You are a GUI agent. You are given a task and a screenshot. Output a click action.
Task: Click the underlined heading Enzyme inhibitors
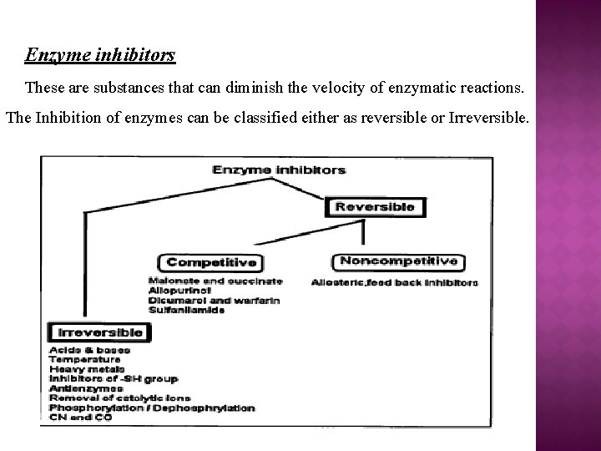tap(100, 56)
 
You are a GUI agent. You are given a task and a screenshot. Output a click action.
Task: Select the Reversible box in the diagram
tap(374, 206)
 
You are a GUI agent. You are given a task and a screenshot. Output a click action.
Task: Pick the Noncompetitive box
tap(398, 261)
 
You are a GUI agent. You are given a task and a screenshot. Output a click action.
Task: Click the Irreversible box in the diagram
tap(96, 332)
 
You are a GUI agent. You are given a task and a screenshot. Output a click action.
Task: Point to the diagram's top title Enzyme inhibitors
tap(279, 170)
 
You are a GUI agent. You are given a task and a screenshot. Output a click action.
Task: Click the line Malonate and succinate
tap(215, 281)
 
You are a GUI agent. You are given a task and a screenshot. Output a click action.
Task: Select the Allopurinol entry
tap(176, 290)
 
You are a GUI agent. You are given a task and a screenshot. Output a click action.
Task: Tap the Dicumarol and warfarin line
tap(214, 300)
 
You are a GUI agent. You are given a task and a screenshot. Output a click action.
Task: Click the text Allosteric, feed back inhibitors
tap(394, 283)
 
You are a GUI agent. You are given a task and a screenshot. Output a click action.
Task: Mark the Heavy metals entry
tap(87, 368)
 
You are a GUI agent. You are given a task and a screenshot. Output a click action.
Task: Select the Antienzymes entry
tap(87, 388)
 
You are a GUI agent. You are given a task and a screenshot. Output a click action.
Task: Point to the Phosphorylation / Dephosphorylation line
tap(152, 408)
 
